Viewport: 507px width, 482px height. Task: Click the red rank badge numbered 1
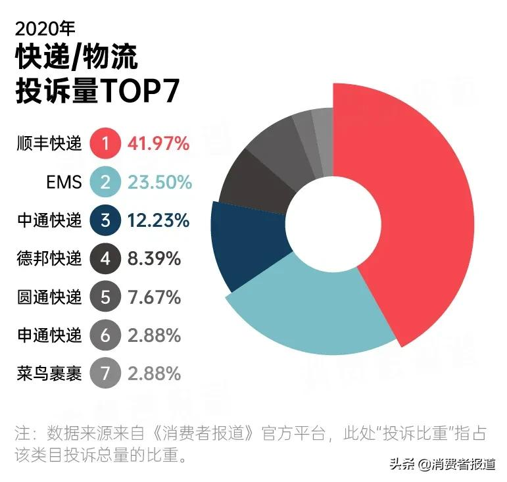pyautogui.click(x=106, y=143)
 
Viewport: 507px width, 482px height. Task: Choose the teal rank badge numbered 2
pyautogui.click(x=106, y=181)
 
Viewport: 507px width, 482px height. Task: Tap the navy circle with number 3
pyautogui.click(x=106, y=220)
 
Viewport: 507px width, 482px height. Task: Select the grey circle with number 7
pyautogui.click(x=106, y=374)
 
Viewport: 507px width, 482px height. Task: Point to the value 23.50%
pyautogui.click(x=160, y=181)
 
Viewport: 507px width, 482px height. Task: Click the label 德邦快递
pyautogui.click(x=49, y=258)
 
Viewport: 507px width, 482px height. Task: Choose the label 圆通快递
pyautogui.click(x=49, y=297)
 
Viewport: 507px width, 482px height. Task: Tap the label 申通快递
pyautogui.click(x=49, y=335)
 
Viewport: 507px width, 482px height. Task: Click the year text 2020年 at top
pyautogui.click(x=45, y=28)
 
